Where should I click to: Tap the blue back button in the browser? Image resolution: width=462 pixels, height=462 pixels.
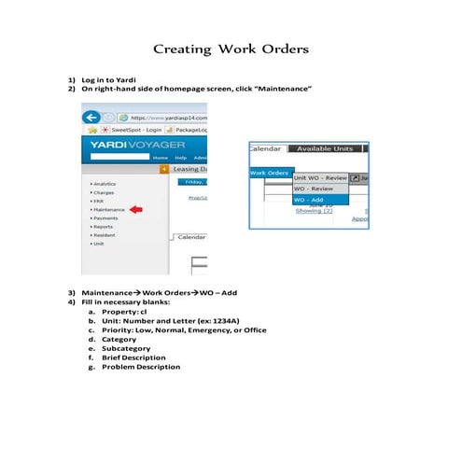tap(91, 118)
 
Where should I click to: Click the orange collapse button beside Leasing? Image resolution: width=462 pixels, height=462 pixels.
tap(164, 169)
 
